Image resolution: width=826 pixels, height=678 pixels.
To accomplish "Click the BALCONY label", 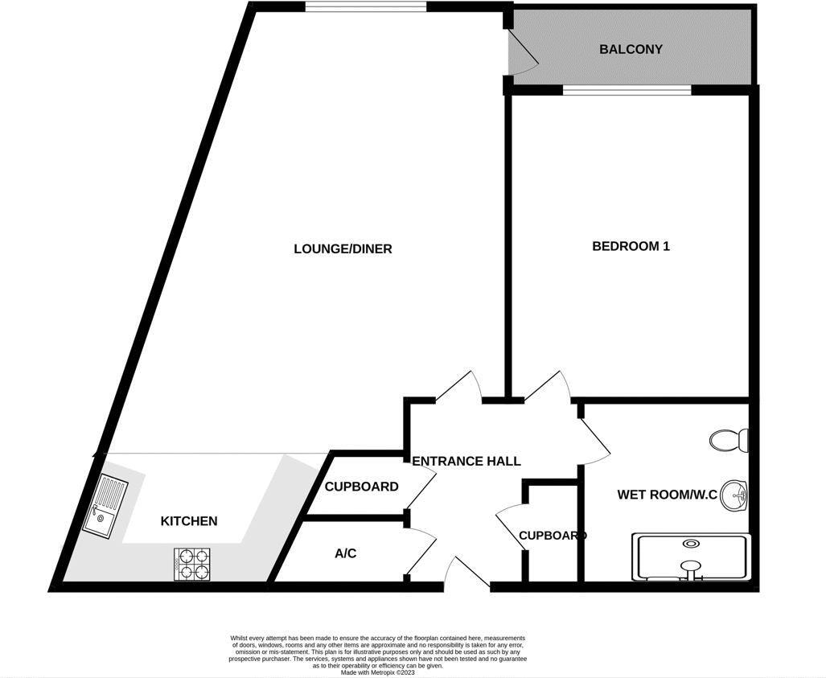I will coord(631,49).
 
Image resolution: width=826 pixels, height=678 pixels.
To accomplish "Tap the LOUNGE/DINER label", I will coord(343,249).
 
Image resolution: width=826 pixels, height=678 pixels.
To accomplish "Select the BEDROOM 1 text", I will coord(631,246).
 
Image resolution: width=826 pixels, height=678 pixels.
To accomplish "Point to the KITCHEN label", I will coord(189,521).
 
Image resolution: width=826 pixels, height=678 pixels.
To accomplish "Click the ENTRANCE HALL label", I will coord(466,461).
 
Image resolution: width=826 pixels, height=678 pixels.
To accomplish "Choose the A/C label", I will coord(345,553).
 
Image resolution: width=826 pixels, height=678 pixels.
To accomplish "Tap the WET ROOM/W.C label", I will coord(667,495).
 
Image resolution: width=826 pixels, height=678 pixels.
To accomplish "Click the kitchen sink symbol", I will coord(105,504).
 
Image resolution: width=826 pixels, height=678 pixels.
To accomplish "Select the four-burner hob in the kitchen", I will coord(193,563).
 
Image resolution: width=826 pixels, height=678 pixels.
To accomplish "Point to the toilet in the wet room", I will coord(730,440).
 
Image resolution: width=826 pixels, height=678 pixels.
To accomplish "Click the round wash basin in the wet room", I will coord(734,495).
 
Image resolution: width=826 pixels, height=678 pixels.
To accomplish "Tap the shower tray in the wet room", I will coord(692,557).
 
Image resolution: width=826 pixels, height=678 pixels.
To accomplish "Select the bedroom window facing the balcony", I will coord(627,90).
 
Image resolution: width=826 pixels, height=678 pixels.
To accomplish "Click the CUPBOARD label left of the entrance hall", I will coord(361,487).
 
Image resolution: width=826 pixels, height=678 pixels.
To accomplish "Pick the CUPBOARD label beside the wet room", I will coord(553,536).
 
